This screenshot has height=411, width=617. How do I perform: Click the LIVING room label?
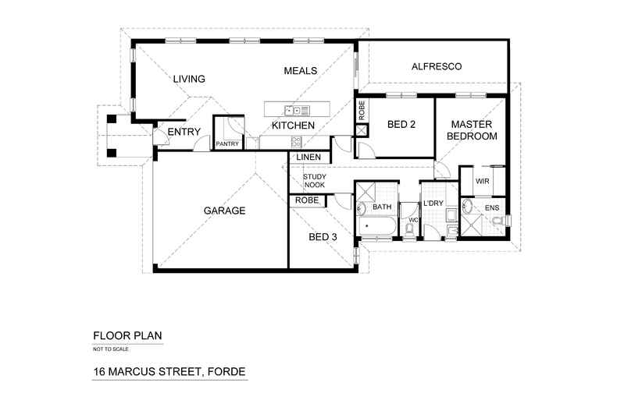coord(189,79)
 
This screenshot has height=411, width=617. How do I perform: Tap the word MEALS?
coord(301,71)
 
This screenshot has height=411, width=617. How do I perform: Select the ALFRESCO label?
coord(437,67)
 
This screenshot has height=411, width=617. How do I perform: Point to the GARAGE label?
coord(225,211)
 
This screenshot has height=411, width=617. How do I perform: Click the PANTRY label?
coord(227,143)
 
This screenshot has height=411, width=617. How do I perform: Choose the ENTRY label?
coord(184,131)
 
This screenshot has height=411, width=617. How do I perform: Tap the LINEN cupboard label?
coord(307,158)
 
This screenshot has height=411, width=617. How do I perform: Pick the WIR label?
coord(483,182)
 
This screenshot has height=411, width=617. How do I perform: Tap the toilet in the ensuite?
coord(498,222)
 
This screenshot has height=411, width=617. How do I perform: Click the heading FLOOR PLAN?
coord(127,337)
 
